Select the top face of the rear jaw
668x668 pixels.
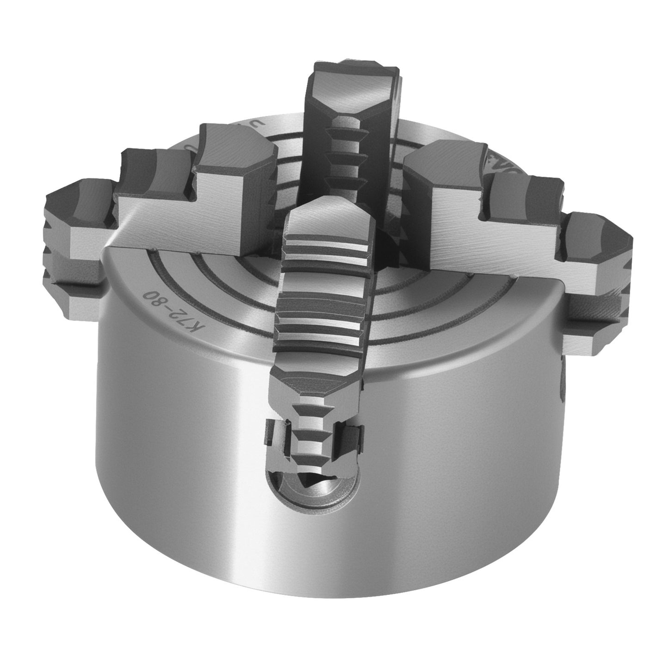tap(354, 86)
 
